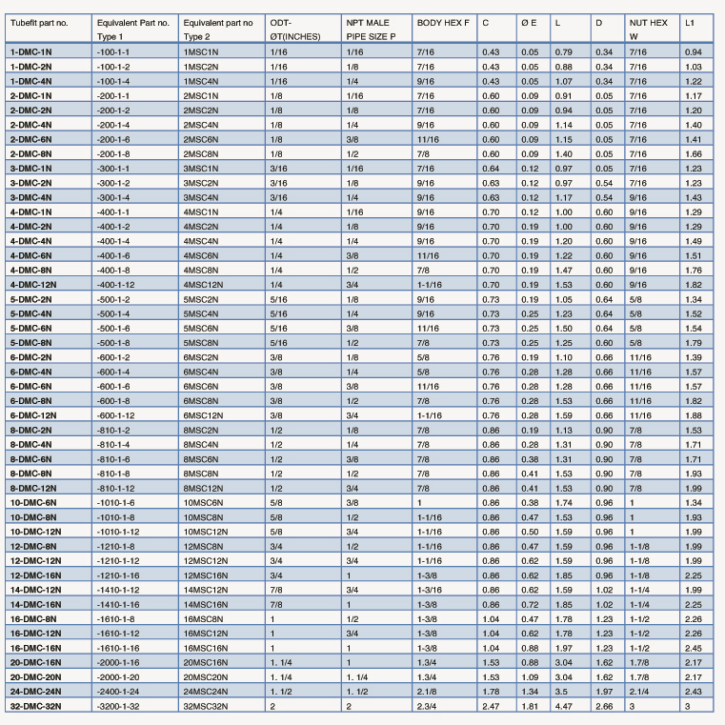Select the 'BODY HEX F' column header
(x=443, y=20)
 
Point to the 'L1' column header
(x=693, y=20)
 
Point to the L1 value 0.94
(x=693, y=50)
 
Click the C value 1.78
(x=490, y=690)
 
